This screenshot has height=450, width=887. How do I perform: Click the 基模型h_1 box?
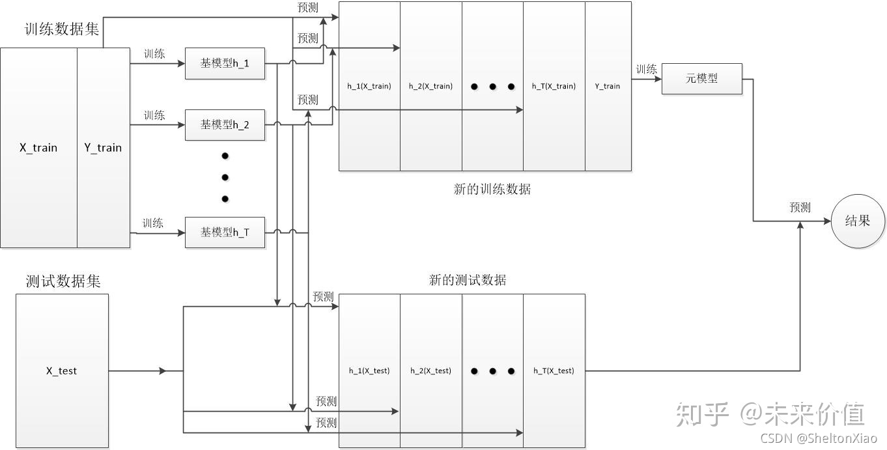coord(225,64)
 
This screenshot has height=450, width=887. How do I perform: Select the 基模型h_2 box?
coord(225,124)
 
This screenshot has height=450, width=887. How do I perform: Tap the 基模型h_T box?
coord(225,232)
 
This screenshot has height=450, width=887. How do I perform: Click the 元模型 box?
coord(701,79)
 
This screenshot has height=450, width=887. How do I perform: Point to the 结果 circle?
coord(857,221)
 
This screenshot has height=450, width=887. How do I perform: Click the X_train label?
coord(38,148)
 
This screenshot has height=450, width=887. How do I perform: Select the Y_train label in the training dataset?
coord(103,148)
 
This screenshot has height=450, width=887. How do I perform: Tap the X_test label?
coord(61,371)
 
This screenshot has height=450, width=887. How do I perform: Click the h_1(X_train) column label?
coord(369,86)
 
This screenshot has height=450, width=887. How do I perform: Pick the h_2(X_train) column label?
coord(430,86)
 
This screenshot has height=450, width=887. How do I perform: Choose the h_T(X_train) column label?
coord(554,86)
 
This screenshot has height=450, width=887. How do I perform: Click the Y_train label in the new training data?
coord(608,86)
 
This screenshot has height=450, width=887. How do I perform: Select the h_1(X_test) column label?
coord(369,371)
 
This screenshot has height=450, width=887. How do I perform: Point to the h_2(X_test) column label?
coord(430,371)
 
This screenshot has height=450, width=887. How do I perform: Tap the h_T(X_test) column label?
coord(554,371)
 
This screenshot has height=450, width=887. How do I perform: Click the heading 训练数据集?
coord(62,30)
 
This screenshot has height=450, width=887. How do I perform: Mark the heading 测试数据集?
coord(63,281)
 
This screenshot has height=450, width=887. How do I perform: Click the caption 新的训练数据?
coord(492,190)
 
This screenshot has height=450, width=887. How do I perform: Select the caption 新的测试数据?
coord(468,280)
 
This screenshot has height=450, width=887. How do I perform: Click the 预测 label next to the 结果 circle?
coord(800,208)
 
